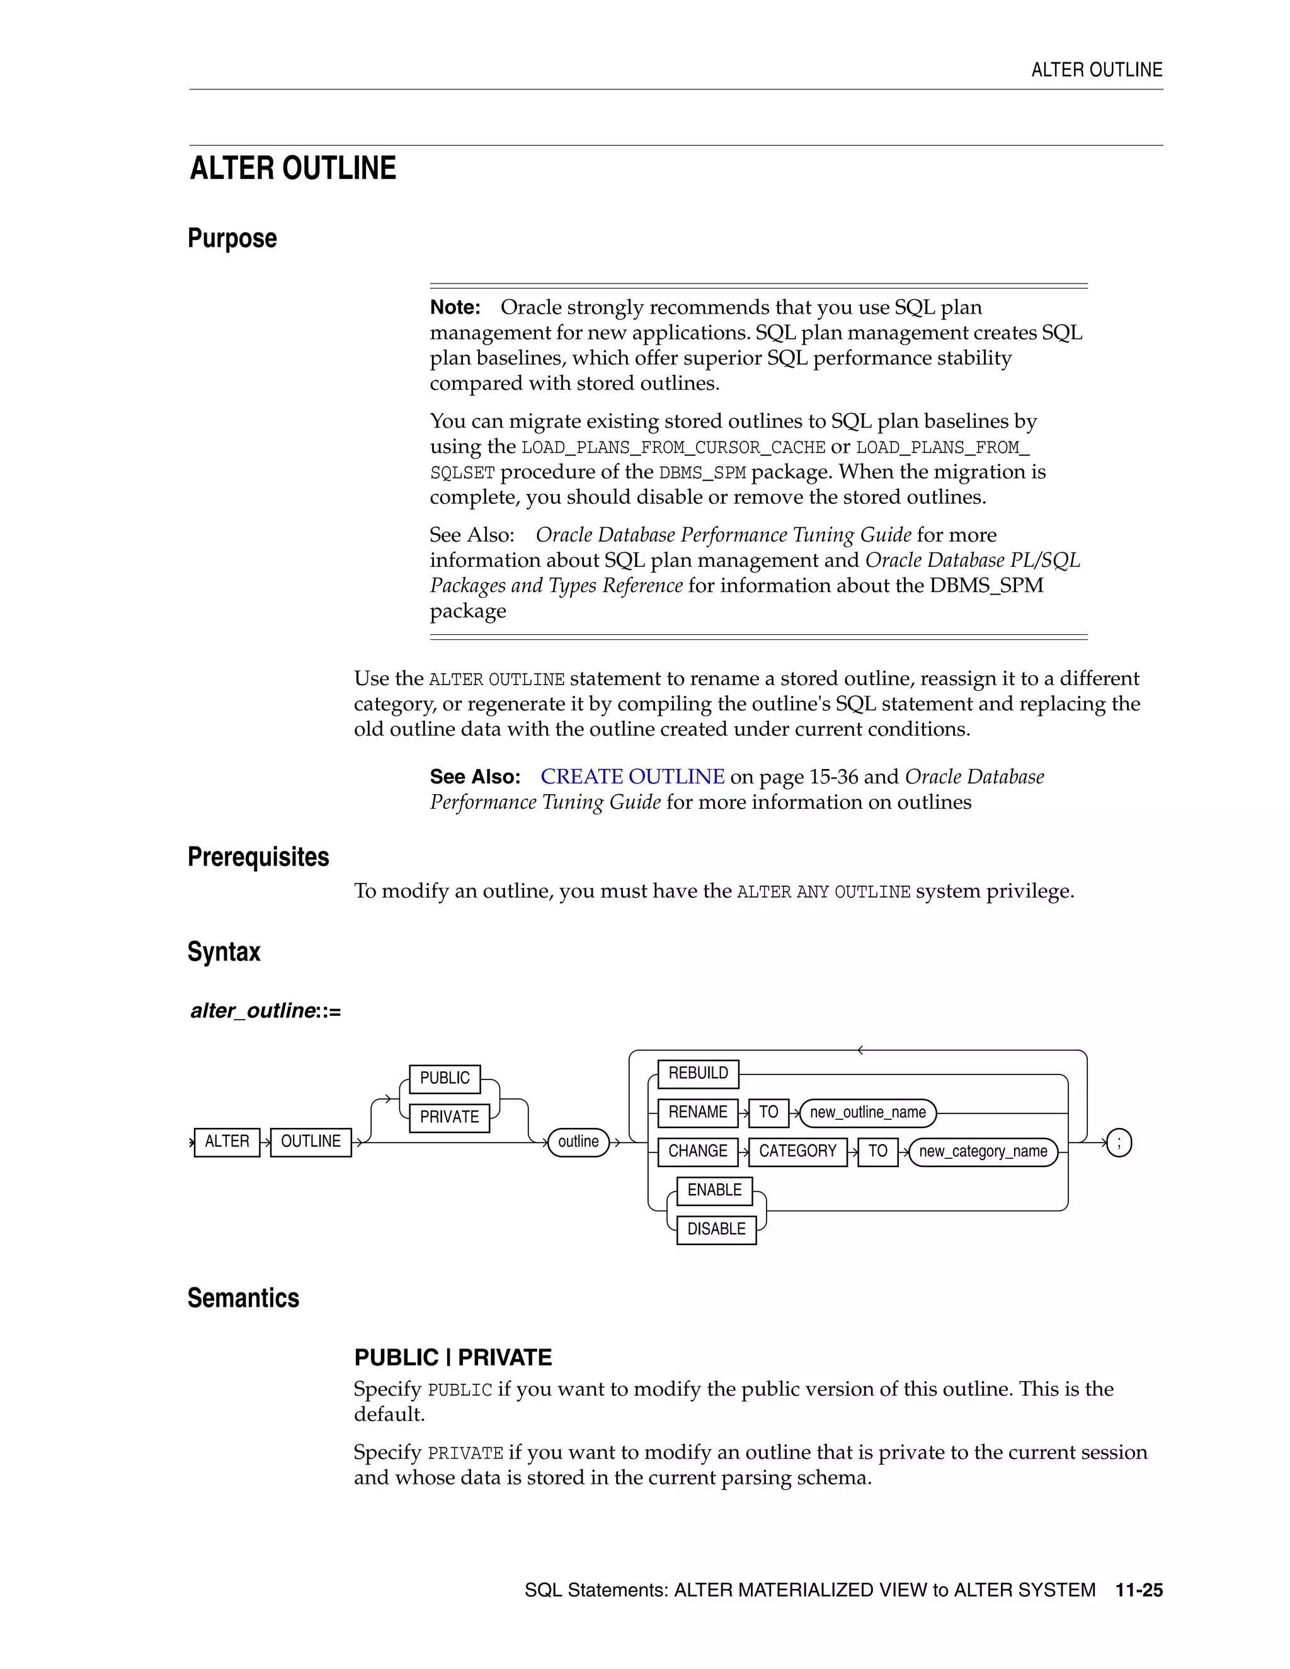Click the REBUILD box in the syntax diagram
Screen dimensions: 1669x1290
coord(698,1073)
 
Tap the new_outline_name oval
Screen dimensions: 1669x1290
coord(867,1113)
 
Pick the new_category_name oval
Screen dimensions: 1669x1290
coord(983,1152)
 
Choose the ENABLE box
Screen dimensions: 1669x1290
coord(714,1190)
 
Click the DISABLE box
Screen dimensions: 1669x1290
coord(716,1229)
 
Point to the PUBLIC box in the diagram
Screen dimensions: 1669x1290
coord(445,1078)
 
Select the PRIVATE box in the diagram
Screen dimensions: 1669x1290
coord(449,1117)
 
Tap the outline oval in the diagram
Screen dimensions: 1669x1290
coord(578,1142)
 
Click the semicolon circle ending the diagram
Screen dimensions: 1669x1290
coord(1119,1142)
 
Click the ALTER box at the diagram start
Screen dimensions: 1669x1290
coord(227,1142)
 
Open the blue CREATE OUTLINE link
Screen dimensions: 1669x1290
coord(632,777)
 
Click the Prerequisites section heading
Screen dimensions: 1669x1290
coord(258,857)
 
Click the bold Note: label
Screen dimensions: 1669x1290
coord(455,307)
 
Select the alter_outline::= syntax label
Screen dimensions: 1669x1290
coord(265,1011)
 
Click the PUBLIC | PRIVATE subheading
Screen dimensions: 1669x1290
coord(452,1357)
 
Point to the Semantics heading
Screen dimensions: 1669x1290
coord(243,1297)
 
